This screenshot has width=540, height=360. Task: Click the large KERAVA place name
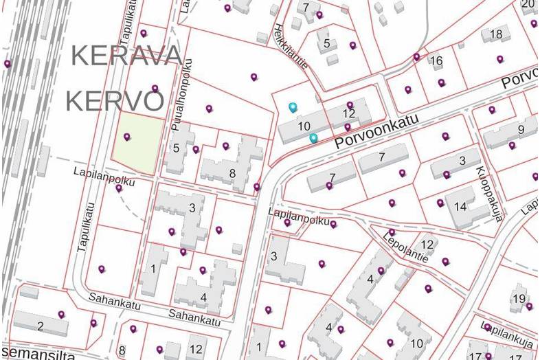[x=127, y=55]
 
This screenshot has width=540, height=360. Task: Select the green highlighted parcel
[x=139, y=144]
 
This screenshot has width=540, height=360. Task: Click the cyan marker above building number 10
[x=293, y=107]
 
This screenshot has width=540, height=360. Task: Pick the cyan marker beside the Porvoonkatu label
[x=313, y=138]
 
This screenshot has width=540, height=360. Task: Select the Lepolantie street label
[x=405, y=246]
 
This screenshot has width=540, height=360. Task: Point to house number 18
[x=495, y=34]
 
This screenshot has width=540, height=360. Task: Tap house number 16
[x=436, y=61]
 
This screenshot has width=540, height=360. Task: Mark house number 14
[x=460, y=206]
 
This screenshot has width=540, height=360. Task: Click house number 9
[x=521, y=129]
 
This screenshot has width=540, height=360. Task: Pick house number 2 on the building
[x=41, y=326]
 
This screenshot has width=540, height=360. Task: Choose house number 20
[x=528, y=4]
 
